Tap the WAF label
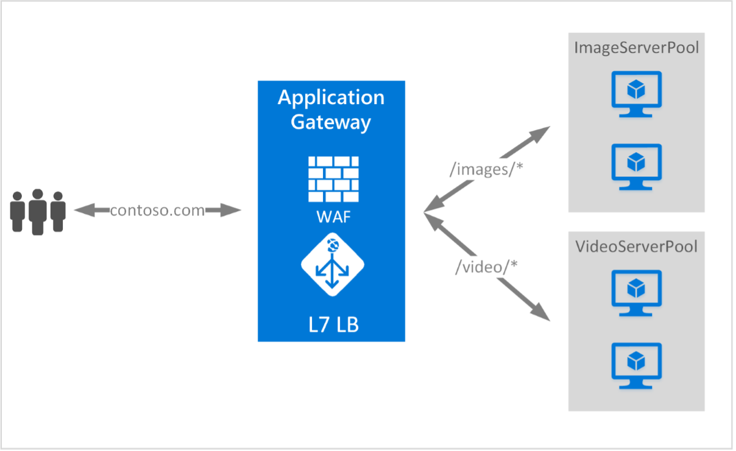point(332,216)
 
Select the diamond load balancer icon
point(332,265)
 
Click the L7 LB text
point(333,324)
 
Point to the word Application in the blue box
point(331,97)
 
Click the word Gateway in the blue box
point(331,122)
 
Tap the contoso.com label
point(157,211)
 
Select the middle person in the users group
point(38,211)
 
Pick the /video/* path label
point(486,266)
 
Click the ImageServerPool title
point(636,47)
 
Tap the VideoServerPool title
point(636,246)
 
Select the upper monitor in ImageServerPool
point(636,94)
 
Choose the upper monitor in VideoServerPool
point(636,292)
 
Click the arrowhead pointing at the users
point(82,211)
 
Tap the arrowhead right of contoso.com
point(233,211)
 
